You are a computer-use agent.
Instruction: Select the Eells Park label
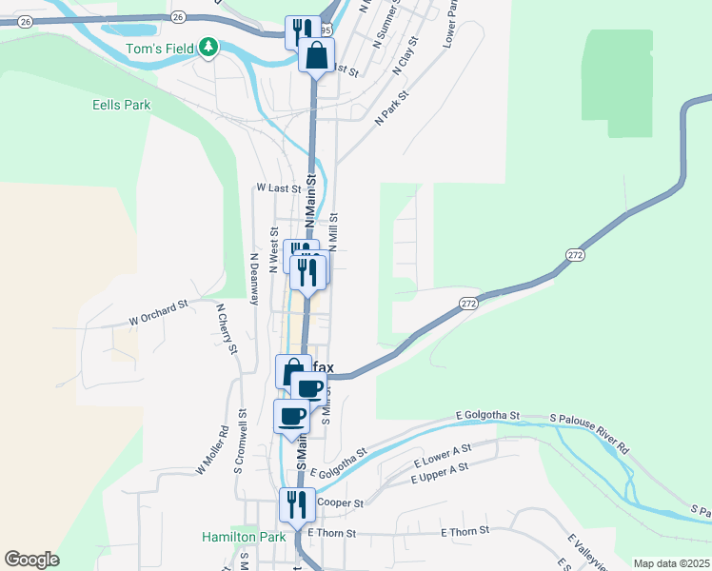coord(121,105)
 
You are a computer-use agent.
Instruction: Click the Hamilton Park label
coord(244,537)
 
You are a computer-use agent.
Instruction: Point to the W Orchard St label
coord(159,313)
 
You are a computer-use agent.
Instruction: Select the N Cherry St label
coord(227,328)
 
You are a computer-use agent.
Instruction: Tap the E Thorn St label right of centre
coord(465,531)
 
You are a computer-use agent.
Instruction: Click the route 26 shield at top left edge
coord(25,21)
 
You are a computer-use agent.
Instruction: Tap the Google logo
coord(31,560)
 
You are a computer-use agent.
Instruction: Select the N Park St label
coord(390,108)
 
